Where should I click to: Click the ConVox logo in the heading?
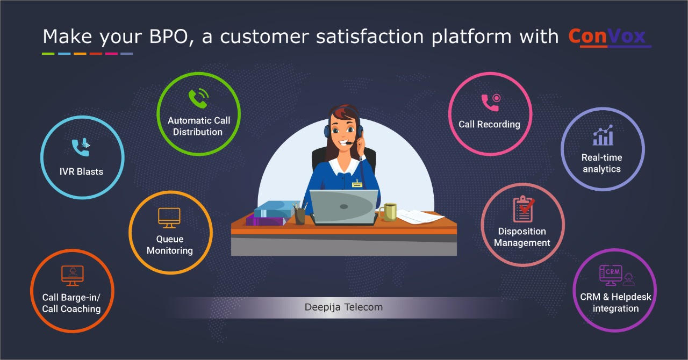pos(610,37)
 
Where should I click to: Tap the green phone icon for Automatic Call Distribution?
pos(198,99)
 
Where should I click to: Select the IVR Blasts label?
pos(82,172)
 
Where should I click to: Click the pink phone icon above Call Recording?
pos(490,102)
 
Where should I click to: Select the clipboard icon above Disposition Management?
pos(522,209)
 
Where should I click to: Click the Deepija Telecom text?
pos(343,307)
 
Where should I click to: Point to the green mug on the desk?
pos(389,212)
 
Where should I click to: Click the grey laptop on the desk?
pos(344,207)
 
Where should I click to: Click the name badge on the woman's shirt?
pos(357,184)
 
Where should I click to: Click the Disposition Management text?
pos(522,237)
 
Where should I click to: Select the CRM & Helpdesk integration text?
pos(615,303)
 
